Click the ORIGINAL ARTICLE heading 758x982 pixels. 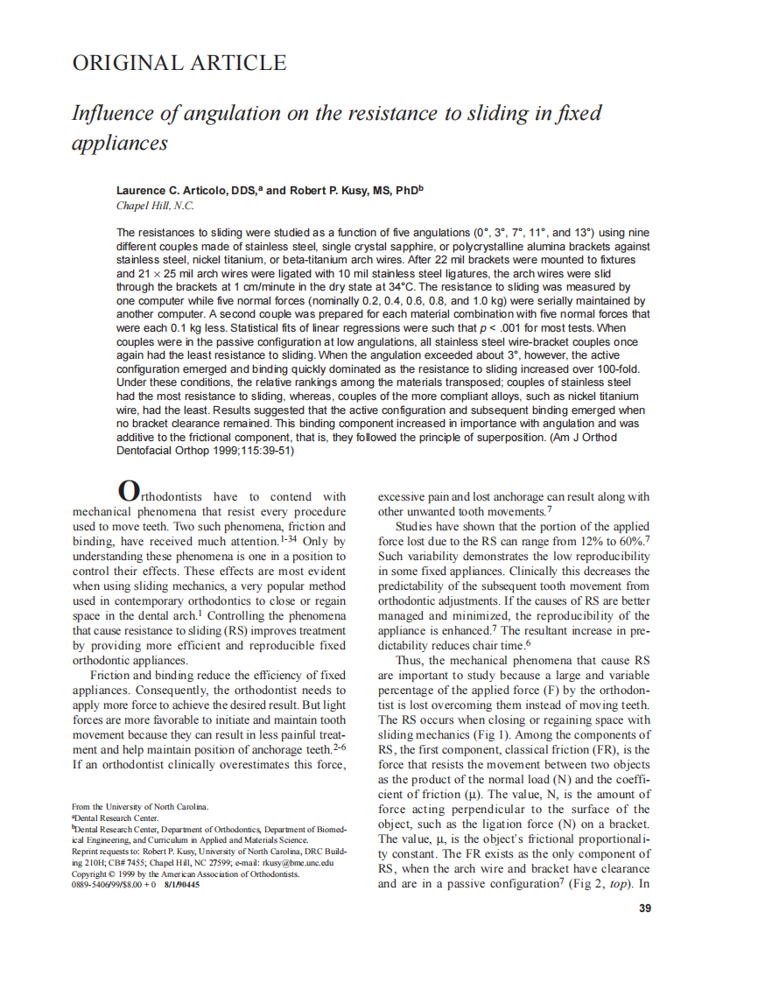(x=179, y=63)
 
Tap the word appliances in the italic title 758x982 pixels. (x=119, y=143)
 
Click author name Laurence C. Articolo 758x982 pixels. (x=172, y=190)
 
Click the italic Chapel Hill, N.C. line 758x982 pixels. (x=155, y=206)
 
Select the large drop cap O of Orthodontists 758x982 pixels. (x=128, y=491)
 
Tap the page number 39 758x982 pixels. (x=645, y=908)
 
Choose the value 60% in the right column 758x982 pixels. (x=628, y=541)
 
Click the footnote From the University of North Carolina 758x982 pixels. (x=139, y=806)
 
